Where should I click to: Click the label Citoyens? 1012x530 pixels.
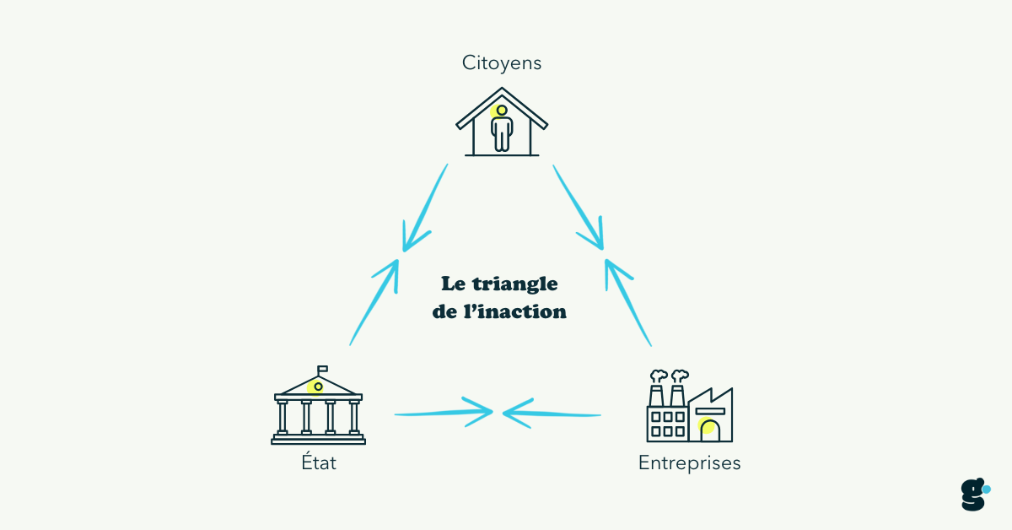coord(501,62)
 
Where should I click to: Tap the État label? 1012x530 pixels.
coord(318,463)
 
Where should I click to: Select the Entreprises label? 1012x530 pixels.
coord(689,463)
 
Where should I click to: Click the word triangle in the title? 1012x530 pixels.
coord(516,284)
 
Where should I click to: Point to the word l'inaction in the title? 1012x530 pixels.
coord(524,311)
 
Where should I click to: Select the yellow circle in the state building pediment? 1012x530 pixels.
coord(318,387)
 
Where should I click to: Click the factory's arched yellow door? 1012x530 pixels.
coord(708,428)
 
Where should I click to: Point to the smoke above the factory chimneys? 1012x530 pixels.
coord(668,376)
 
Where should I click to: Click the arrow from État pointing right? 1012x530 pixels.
coord(443,413)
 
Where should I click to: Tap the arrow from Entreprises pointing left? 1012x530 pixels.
coord(552,414)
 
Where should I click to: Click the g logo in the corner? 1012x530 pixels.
coord(974,495)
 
